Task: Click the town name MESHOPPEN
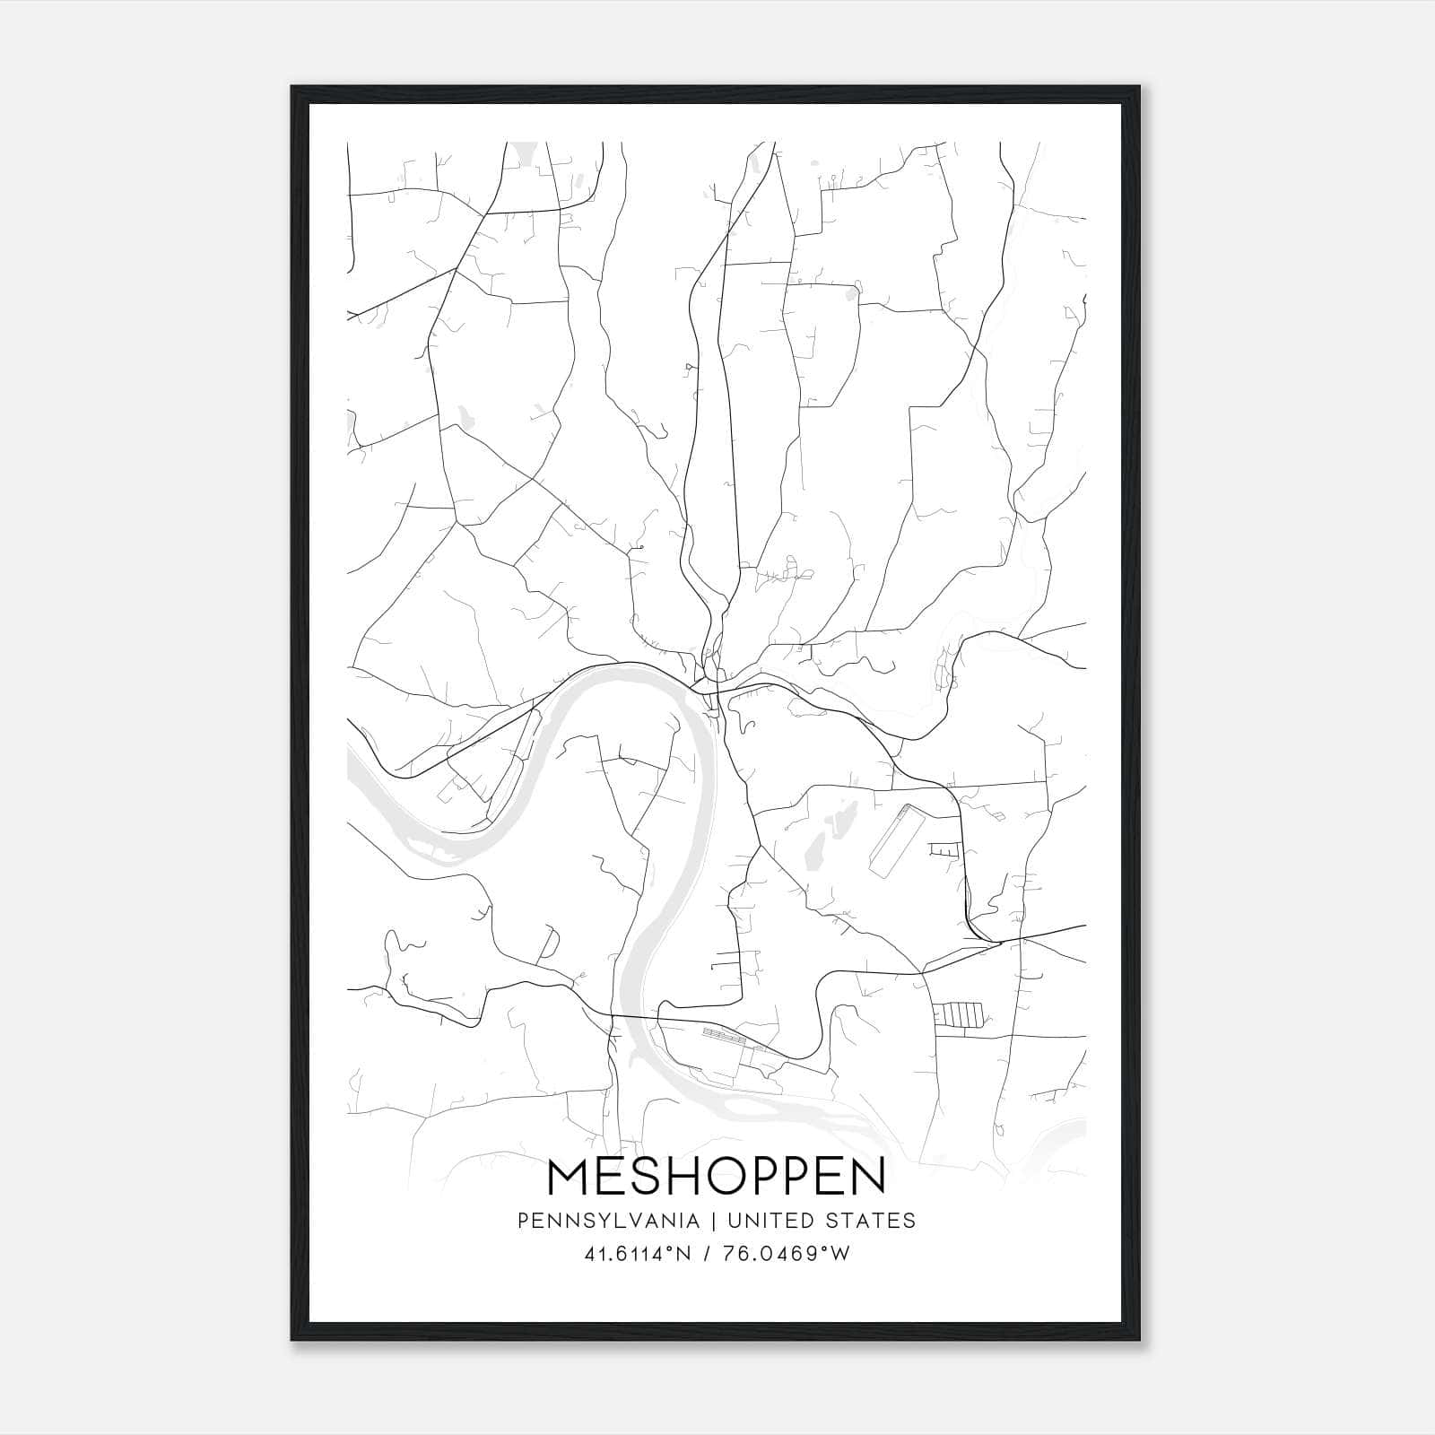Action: coord(717,1177)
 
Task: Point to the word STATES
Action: coord(870,1221)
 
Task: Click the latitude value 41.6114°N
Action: coord(638,1254)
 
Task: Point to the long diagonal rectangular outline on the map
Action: coord(892,839)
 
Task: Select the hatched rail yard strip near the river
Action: coord(723,1035)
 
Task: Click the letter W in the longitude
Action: coord(840,1254)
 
